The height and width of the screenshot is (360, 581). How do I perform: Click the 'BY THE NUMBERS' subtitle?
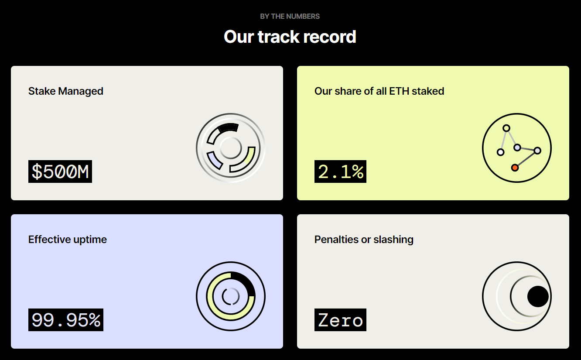click(290, 16)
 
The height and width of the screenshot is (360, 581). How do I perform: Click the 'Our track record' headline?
click(290, 37)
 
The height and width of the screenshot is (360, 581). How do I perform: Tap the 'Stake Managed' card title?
click(65, 91)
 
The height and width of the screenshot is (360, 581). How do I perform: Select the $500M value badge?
click(60, 171)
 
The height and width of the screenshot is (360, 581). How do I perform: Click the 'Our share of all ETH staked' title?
click(379, 91)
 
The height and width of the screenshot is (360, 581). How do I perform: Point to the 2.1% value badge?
click(340, 171)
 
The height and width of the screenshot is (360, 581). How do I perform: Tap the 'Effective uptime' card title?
click(68, 240)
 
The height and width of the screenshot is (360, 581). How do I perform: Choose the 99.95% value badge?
click(66, 320)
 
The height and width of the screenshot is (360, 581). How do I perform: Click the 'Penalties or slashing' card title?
click(364, 240)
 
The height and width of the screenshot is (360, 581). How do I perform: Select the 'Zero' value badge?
click(340, 320)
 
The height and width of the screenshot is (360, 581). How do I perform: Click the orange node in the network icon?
click(515, 168)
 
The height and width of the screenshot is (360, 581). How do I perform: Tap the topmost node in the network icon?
click(506, 128)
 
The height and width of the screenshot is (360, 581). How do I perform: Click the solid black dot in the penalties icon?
click(538, 296)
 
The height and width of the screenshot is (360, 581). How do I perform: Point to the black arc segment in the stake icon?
click(229, 127)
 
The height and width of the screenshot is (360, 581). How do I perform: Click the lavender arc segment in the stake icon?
click(214, 161)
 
